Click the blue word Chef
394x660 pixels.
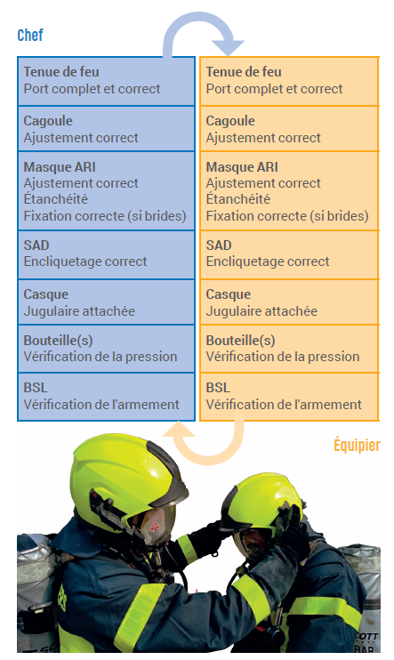pos(30,35)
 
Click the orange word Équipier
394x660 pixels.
pos(357,445)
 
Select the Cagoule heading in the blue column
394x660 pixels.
pos(48,121)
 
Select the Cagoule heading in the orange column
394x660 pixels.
pos(230,121)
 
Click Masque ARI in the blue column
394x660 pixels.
pos(60,167)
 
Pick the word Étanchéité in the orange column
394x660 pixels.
pos(238,198)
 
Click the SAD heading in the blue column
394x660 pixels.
pos(36,245)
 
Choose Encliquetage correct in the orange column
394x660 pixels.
pos(268,262)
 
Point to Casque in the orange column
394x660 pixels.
pos(229,294)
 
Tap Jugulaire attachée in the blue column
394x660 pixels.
pos(79,311)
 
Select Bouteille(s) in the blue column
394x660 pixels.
pos(58,340)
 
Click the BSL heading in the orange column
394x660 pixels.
pos(218,388)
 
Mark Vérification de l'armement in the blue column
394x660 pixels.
pos(101,405)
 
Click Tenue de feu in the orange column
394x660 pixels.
pos(244,72)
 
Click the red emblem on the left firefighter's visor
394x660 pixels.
pos(155,527)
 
